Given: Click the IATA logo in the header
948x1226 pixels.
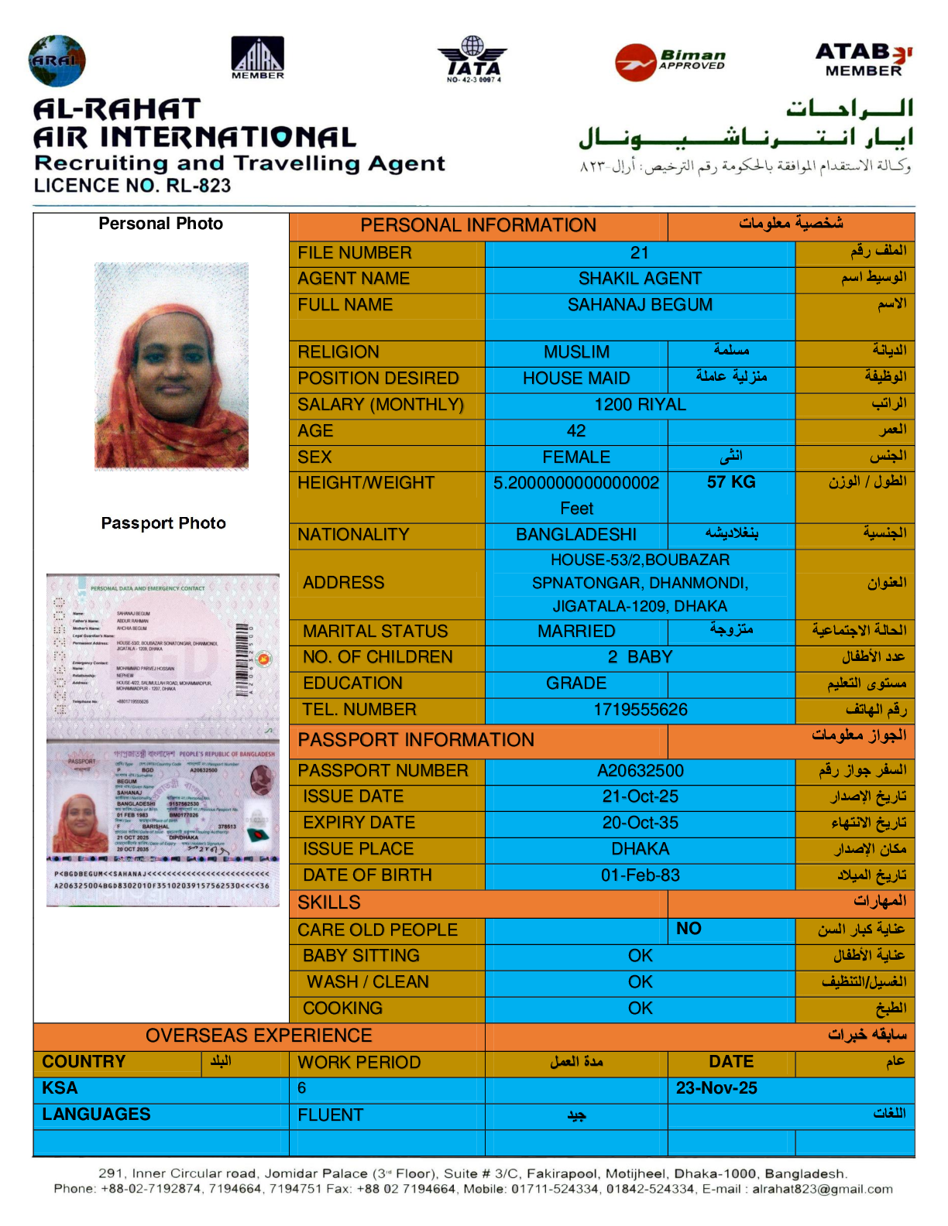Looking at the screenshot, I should coord(473,59).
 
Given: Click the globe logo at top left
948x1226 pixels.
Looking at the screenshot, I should coord(57,60).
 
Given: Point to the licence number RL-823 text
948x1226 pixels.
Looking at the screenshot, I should coord(132,186).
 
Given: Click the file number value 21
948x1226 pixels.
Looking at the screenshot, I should coord(639,253).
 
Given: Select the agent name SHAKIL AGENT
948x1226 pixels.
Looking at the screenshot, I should coord(640,279).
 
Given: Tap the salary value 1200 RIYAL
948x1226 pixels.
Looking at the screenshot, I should coord(640,405).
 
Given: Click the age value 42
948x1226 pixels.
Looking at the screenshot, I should coord(576,431).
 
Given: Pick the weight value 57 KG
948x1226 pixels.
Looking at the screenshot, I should coord(730,482).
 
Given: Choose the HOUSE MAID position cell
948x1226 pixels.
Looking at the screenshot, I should coord(576,378).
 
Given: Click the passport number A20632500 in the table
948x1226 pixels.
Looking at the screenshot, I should coord(640,771).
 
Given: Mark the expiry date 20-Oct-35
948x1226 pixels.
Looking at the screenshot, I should coord(640,823).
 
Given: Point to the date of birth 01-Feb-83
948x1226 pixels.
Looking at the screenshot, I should coord(640,875).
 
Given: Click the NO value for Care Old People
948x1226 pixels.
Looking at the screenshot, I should coord(689,929).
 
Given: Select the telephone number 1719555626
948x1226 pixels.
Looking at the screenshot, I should coord(640,710).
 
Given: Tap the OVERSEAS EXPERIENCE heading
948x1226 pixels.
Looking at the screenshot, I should coord(259,1036).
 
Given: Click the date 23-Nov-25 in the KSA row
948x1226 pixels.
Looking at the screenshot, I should coord(716,1088).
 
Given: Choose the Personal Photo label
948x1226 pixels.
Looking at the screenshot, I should coord(160,224).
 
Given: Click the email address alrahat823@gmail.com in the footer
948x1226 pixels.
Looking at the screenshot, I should coord(822,1189).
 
